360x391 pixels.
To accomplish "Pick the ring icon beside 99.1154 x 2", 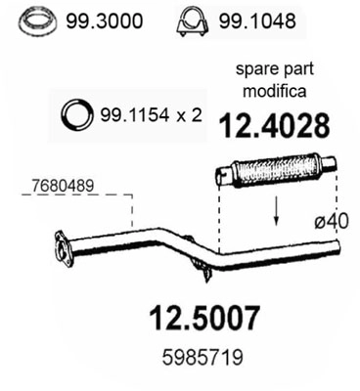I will coord(75,115).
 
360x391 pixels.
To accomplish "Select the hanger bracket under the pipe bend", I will coord(201,264).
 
